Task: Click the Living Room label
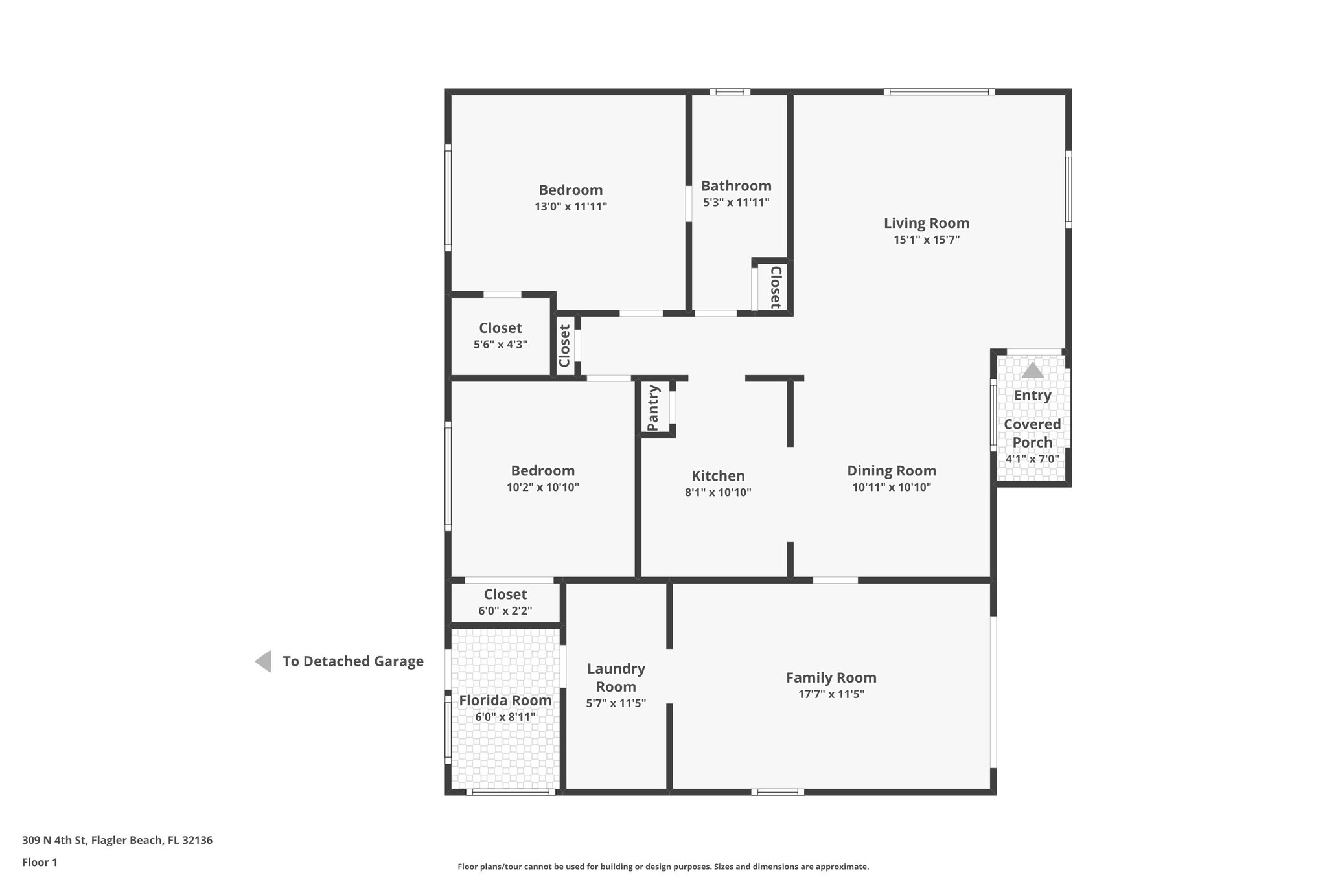(926, 223)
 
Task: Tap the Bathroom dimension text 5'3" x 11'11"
(736, 202)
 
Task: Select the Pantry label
(653, 408)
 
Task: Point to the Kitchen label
(718, 476)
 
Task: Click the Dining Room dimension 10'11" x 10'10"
(892, 487)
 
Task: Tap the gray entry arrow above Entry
(1032, 370)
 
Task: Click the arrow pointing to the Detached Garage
(263, 661)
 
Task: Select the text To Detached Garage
(352, 661)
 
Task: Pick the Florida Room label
(505, 700)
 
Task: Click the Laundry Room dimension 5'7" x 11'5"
(616, 703)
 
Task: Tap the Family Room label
(831, 677)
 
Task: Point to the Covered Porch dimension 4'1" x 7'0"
(1032, 459)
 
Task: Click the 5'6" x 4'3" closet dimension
(500, 345)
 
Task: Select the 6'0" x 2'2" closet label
(505, 595)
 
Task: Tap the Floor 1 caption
(40, 862)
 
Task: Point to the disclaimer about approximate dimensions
(663, 867)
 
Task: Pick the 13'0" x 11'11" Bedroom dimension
(570, 207)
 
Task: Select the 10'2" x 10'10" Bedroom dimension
(542, 487)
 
